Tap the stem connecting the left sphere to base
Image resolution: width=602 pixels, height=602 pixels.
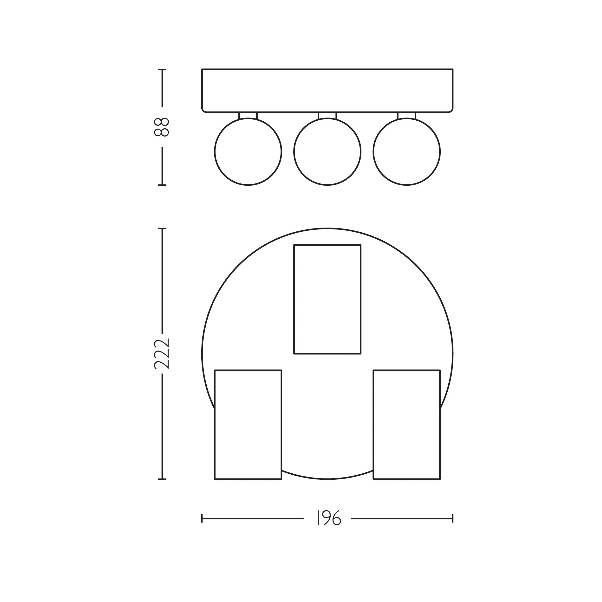[248, 115]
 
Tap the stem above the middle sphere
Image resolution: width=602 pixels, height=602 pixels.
[327, 115]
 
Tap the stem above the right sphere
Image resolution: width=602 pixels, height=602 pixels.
[407, 115]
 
